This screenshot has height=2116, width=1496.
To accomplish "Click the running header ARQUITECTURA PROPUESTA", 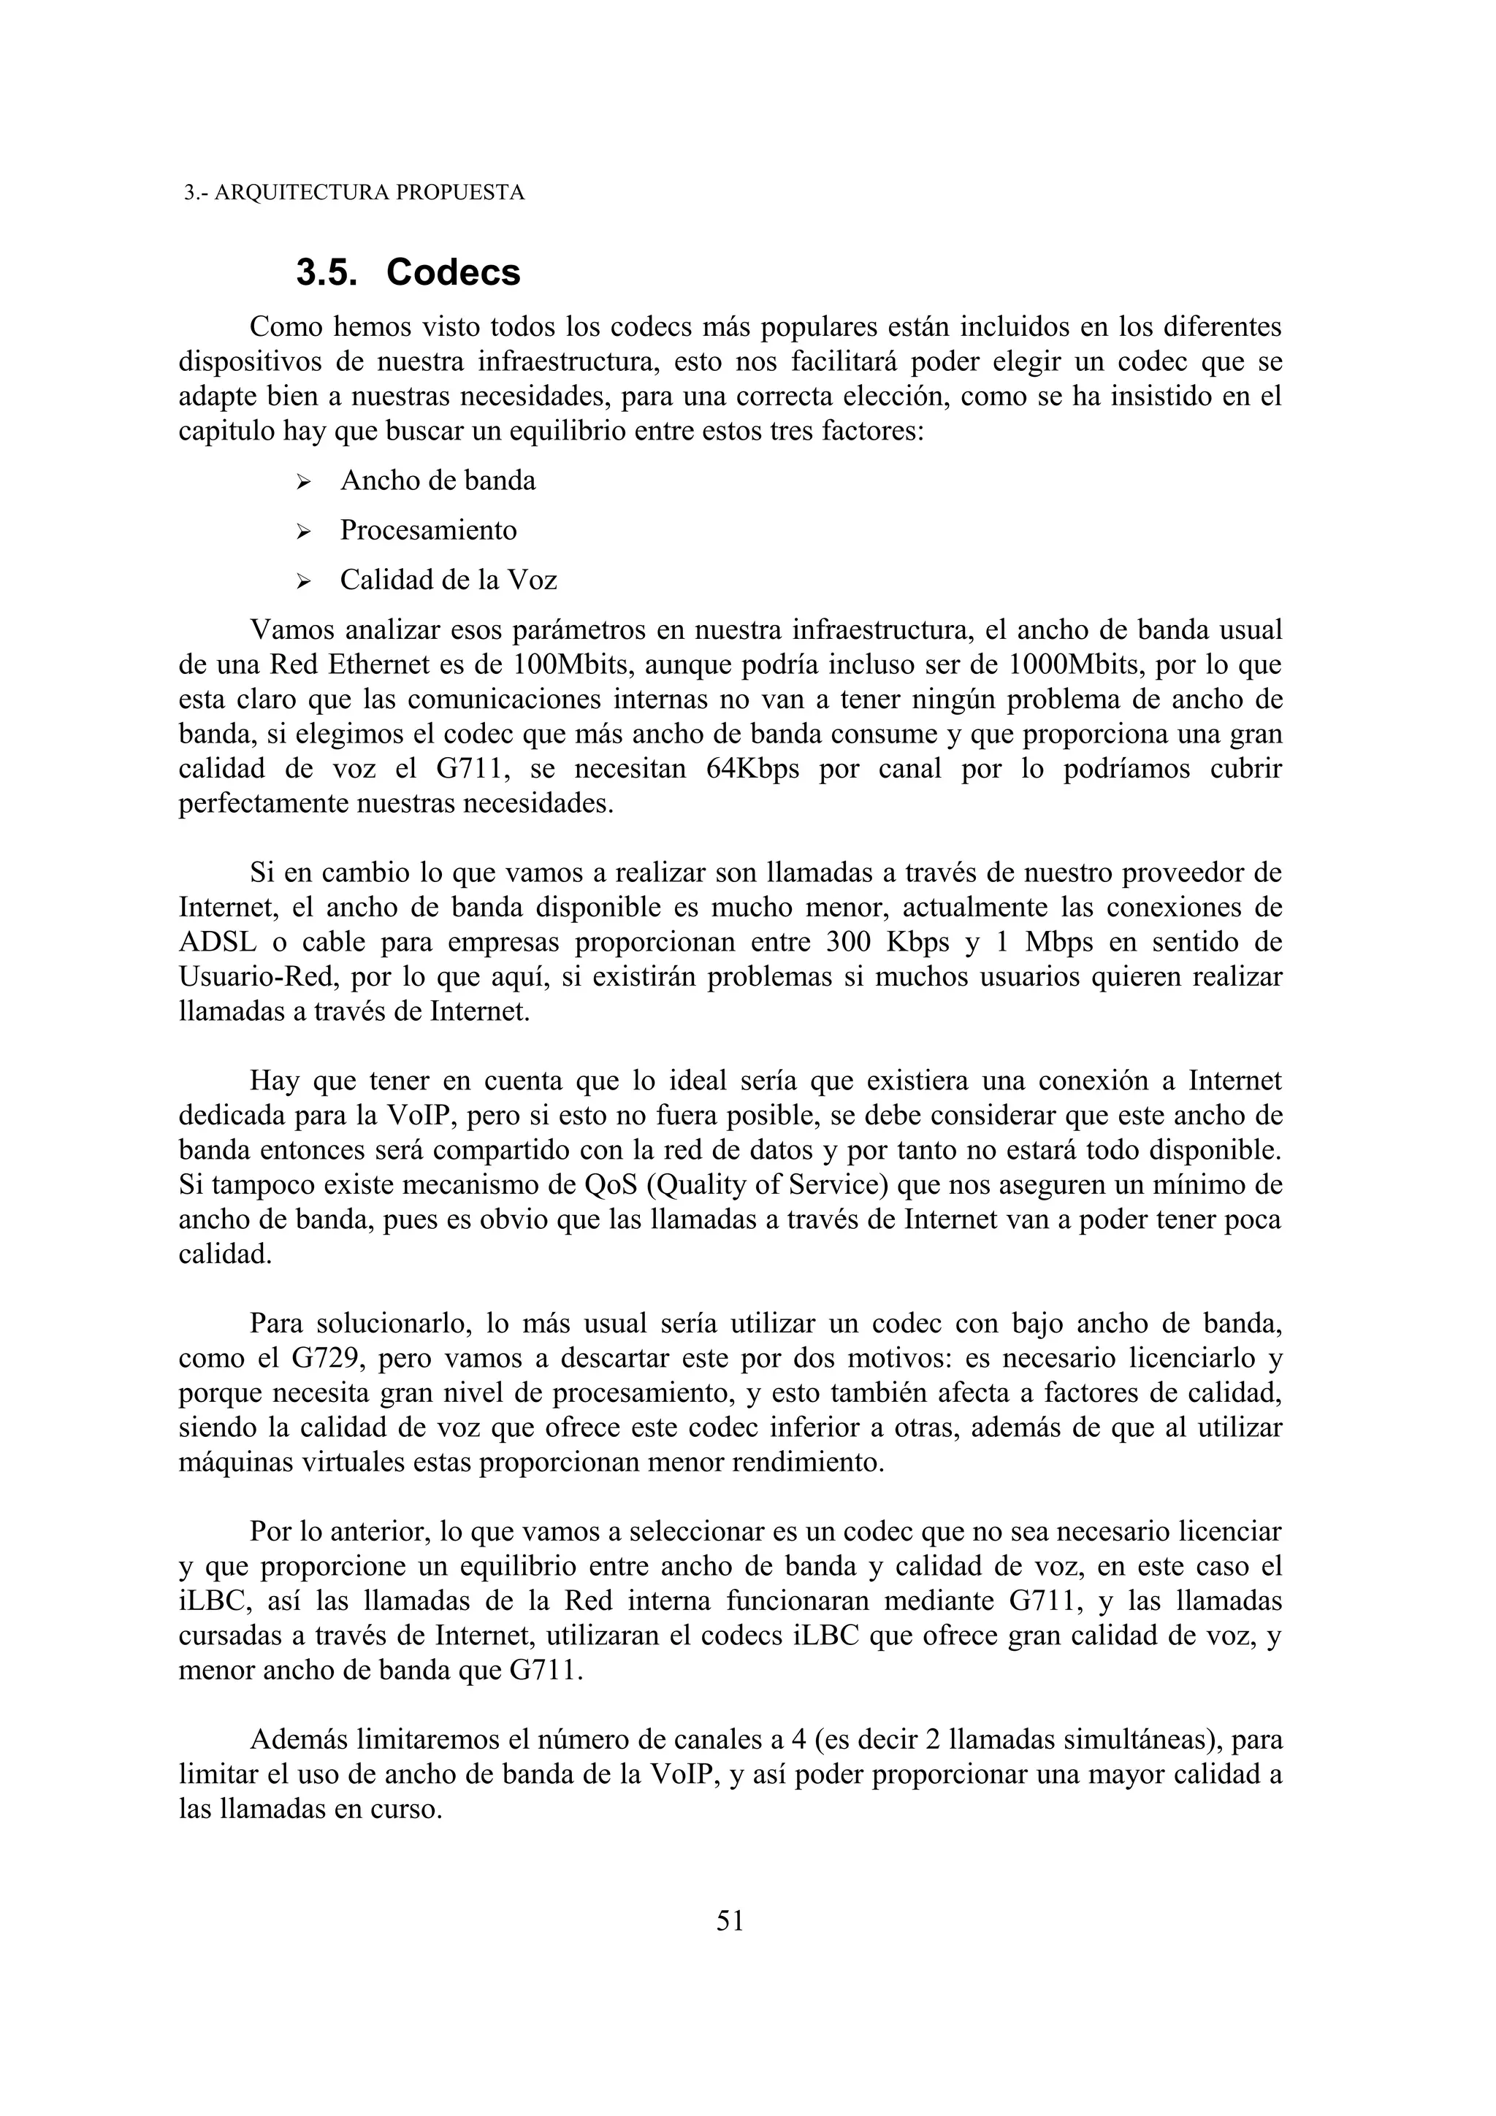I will coord(354,193).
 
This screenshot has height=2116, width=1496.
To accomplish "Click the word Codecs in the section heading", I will coord(454,273).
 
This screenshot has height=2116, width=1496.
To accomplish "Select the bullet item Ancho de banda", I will coord(437,480).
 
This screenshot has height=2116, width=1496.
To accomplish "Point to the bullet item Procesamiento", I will coord(428,530).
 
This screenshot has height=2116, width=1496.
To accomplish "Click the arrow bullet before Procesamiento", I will coord(304,532).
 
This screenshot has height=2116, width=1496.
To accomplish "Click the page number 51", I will coord(730,1920).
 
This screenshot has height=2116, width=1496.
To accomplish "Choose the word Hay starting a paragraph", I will coord(273,1081).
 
